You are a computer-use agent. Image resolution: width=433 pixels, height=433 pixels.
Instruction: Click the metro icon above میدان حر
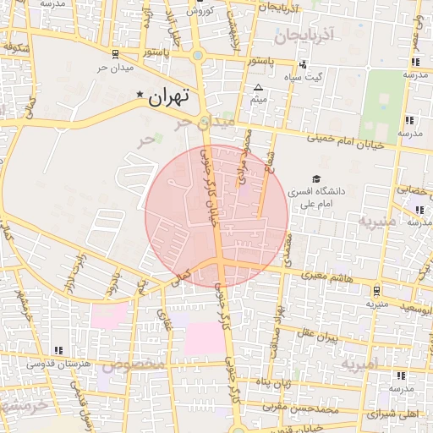point(115,55)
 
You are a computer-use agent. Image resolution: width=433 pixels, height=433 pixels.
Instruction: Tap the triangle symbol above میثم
point(258,87)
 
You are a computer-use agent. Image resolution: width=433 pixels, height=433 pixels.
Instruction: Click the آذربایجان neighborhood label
point(305,35)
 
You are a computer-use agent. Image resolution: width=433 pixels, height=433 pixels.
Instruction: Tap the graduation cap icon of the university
point(315,179)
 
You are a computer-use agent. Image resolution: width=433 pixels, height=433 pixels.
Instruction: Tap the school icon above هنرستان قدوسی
point(58,350)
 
